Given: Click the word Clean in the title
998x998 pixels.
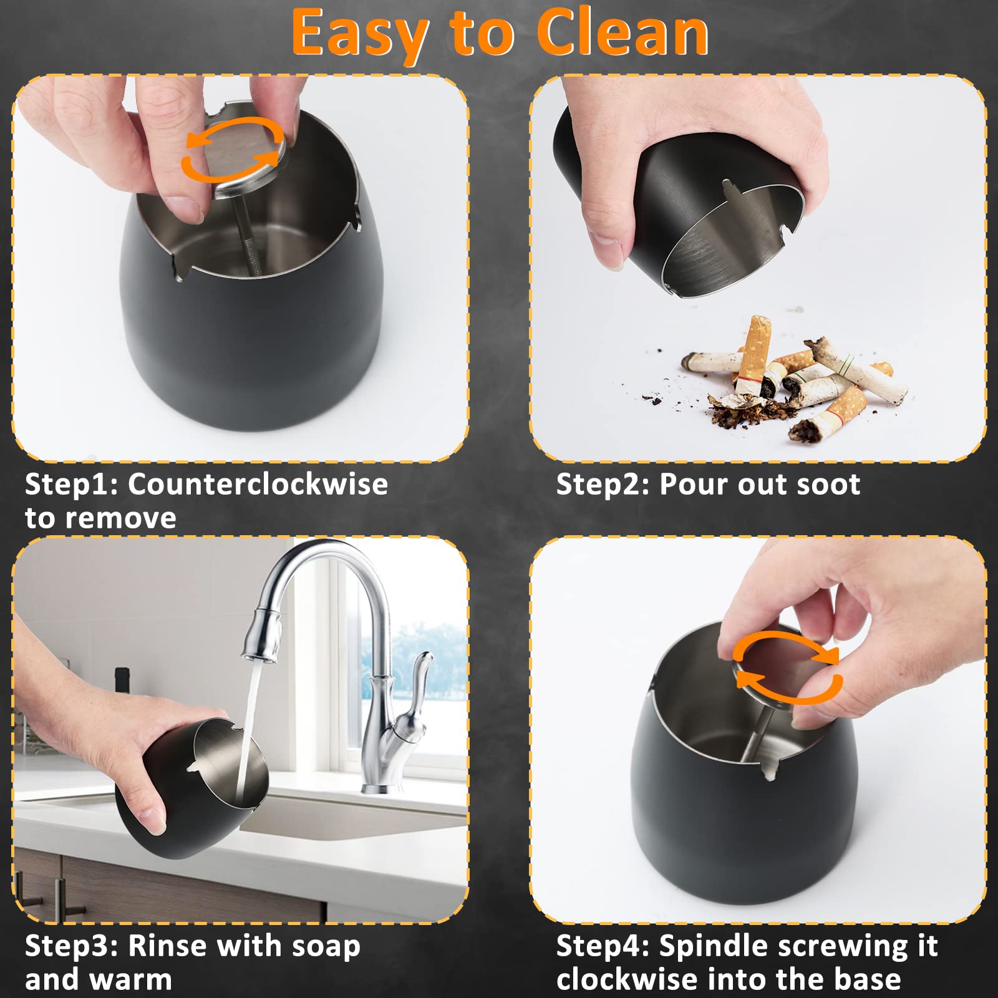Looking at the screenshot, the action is click(x=623, y=34).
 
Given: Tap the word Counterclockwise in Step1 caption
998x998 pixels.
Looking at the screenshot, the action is click(x=258, y=484).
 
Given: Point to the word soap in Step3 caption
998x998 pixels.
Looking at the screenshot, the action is click(x=326, y=947).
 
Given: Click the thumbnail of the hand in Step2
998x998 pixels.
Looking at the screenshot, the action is click(x=608, y=249).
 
